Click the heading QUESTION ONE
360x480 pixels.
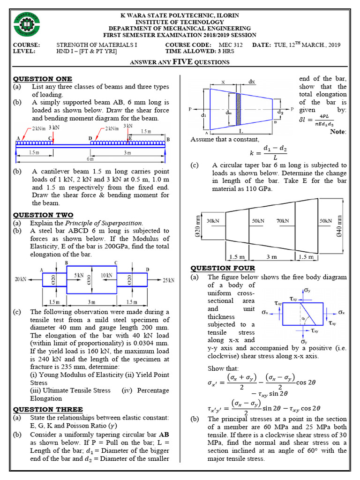point(42,79)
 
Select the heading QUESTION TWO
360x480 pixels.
point(43,215)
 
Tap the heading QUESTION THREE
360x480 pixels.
point(48,409)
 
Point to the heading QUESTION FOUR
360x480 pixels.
point(223,268)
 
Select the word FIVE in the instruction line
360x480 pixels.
point(183,61)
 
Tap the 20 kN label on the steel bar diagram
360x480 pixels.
point(20,279)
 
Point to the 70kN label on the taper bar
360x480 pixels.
point(283,221)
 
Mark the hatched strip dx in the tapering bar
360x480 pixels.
point(238,109)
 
